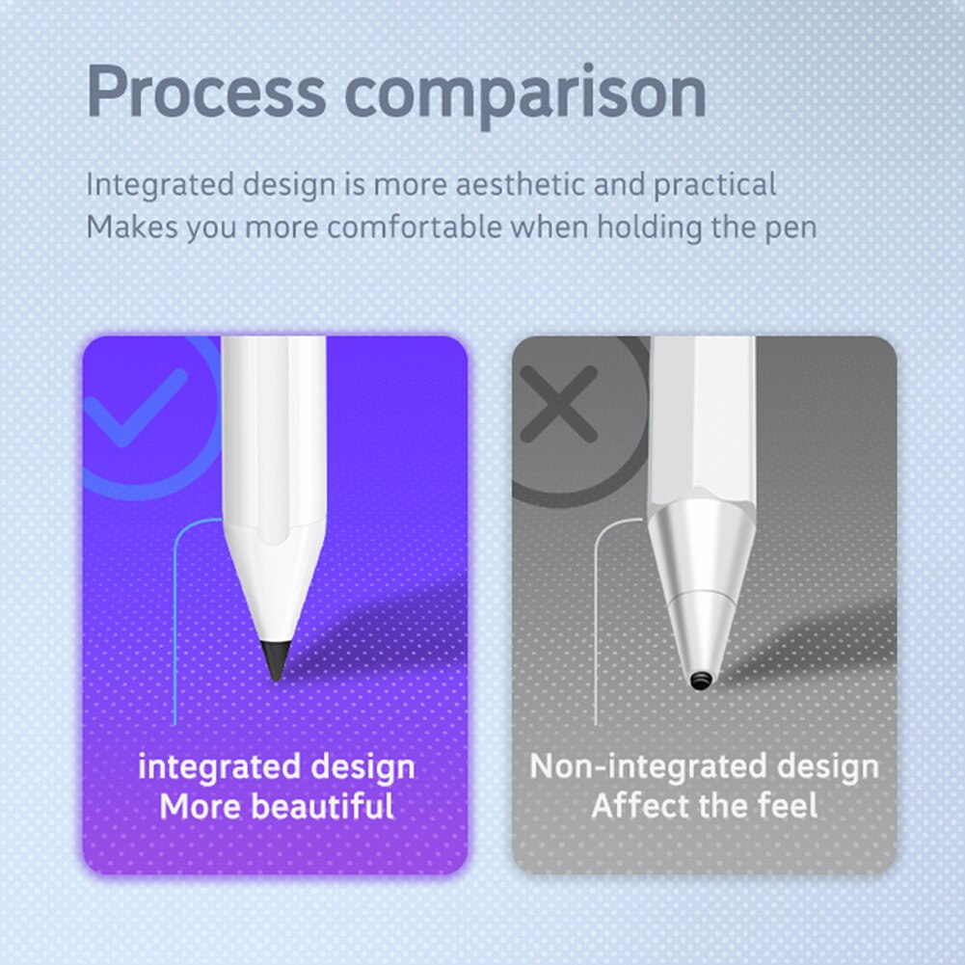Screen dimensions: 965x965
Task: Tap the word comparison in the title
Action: (525, 94)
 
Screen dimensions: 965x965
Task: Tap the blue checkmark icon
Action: (135, 406)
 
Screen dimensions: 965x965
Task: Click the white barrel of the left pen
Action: (275, 424)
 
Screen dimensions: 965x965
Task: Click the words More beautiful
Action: (277, 805)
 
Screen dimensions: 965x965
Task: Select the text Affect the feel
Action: (704, 805)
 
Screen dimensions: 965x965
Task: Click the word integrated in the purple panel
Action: (218, 767)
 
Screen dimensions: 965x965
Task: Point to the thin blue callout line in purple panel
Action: (174, 627)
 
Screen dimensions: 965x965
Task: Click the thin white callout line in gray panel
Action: (596, 627)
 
